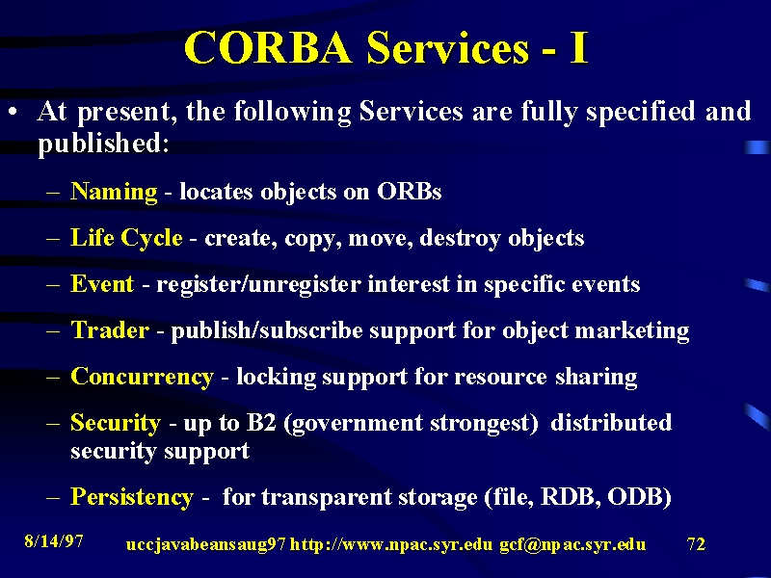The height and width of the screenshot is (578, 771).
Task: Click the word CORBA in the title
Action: coord(268,47)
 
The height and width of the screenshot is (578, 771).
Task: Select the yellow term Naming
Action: coord(114,192)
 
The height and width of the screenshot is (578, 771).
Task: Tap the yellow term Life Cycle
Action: coord(126,238)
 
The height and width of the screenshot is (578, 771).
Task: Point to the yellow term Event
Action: coord(102,283)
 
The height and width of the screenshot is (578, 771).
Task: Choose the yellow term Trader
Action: coord(110,329)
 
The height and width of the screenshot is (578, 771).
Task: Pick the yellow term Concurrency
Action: coord(142,377)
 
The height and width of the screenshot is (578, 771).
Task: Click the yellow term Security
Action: coord(116,423)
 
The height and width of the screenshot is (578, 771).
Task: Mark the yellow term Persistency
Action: coord(132,497)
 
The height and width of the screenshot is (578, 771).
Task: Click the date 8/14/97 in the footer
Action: coord(54,541)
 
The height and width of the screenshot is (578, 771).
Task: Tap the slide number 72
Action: coord(696,543)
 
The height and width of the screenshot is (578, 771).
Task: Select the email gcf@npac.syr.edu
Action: coord(572,544)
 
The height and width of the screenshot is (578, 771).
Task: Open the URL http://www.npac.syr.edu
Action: coord(391,544)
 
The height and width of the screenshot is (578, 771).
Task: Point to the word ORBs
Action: coord(409,192)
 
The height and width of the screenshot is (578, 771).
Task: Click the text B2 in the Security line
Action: coord(260,423)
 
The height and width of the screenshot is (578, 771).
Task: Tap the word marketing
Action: coord(632,330)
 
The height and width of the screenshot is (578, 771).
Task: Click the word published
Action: coord(103,144)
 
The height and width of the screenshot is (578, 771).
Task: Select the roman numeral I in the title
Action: coord(579,47)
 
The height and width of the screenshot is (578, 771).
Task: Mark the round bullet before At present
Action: coord(13,112)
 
